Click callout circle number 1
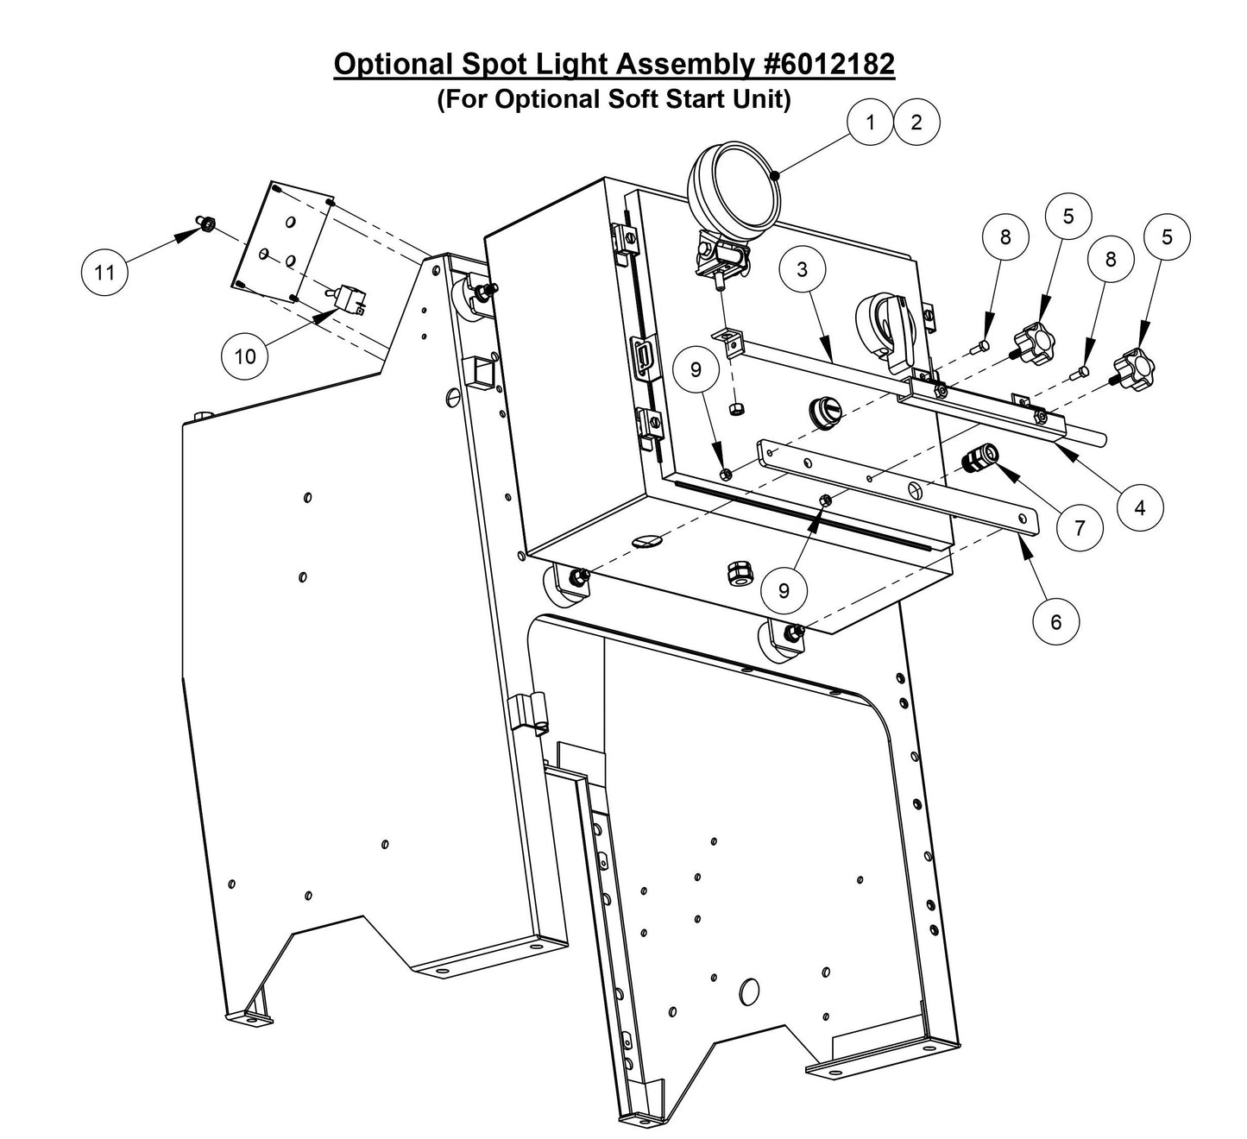pyautogui.click(x=870, y=123)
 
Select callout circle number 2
pyautogui.click(x=916, y=123)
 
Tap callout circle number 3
pyautogui.click(x=803, y=269)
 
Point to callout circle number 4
pyautogui.click(x=1139, y=507)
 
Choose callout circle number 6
pyautogui.click(x=1056, y=621)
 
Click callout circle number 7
pyautogui.click(x=1080, y=527)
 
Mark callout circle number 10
pyautogui.click(x=246, y=356)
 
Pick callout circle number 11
pyautogui.click(x=104, y=273)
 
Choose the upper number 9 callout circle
pyautogui.click(x=697, y=369)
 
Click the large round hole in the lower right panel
pyautogui.click(x=749, y=991)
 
